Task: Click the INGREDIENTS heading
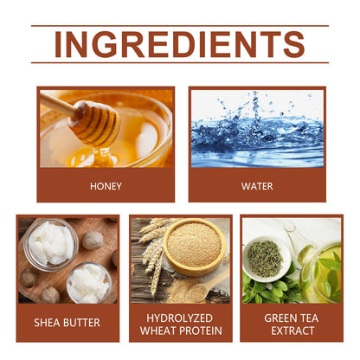coord(179,44)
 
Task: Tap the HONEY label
coord(106,186)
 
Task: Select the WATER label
coord(257,186)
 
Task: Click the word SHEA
coord(46,323)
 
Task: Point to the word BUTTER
coord(80,323)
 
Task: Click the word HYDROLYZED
coord(179,318)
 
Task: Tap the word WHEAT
coord(157,331)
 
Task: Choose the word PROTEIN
coord(200,331)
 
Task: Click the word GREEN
coord(280,318)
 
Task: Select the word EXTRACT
coord(292,331)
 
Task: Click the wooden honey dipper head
coord(95,123)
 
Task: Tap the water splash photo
coord(257,128)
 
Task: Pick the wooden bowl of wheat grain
coord(195,247)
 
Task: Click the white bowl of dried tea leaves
coord(266,259)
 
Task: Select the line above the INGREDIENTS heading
coord(180,26)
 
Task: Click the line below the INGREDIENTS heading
coord(180,62)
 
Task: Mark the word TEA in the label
coord(309,318)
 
